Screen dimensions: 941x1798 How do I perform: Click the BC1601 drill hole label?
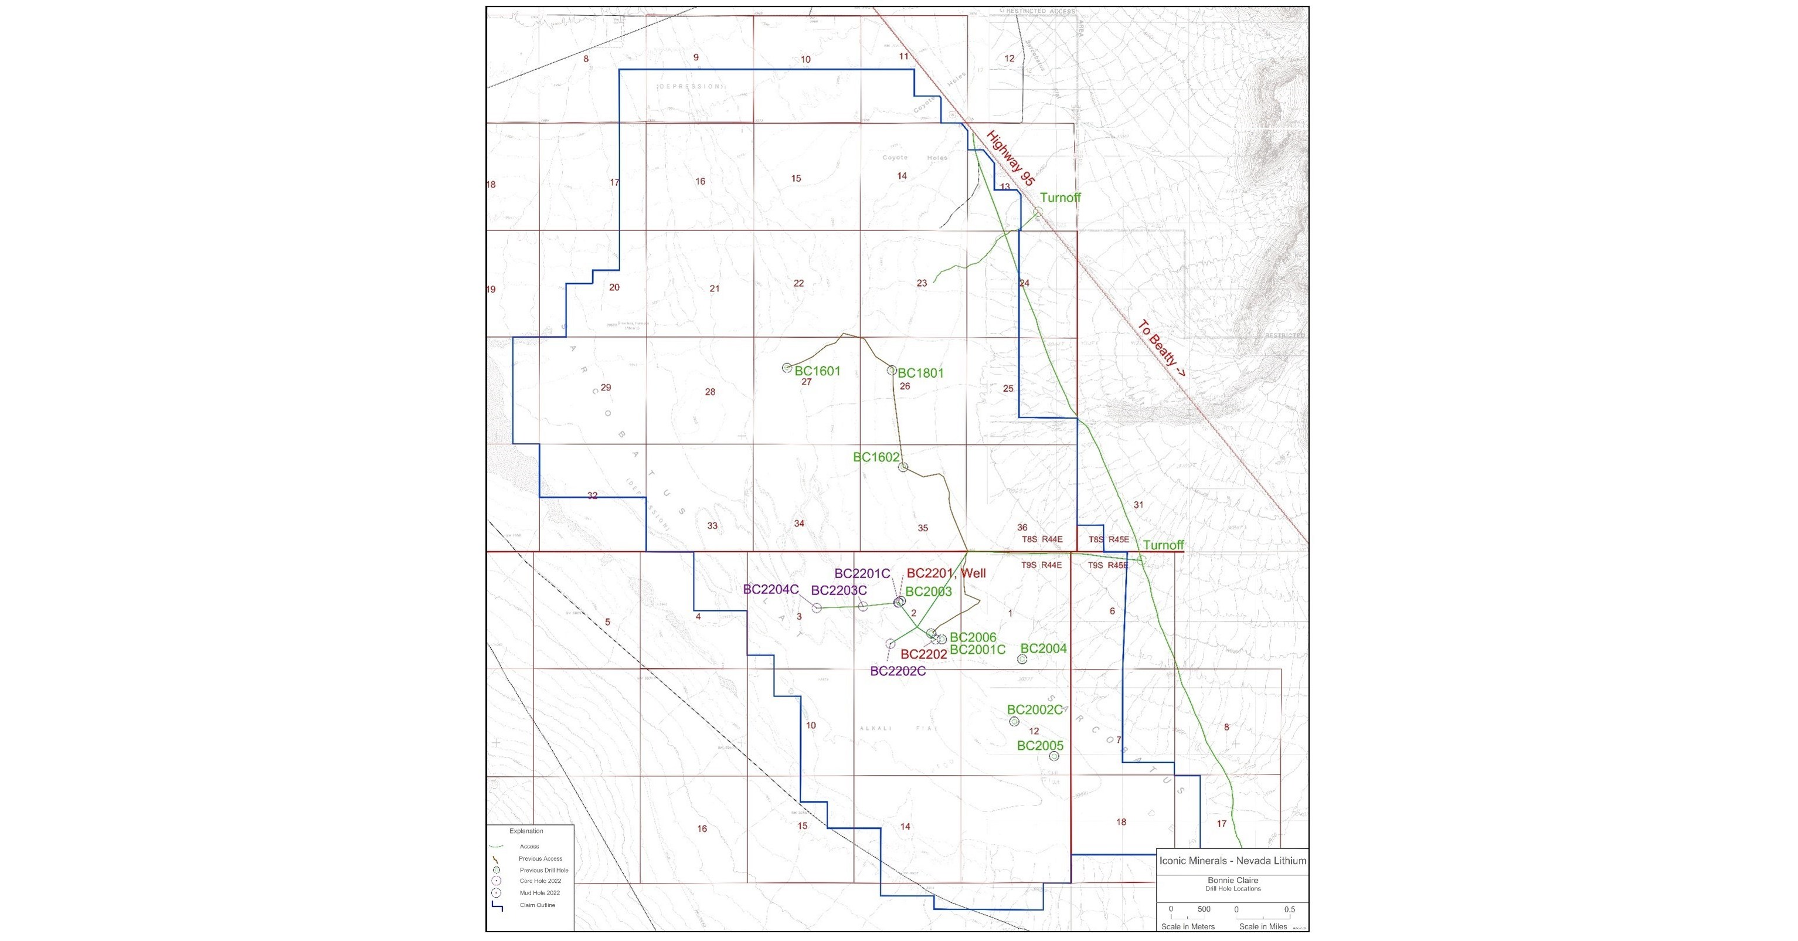point(817,371)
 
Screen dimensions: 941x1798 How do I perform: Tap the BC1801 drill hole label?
point(920,373)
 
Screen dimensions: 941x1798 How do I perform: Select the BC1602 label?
point(876,457)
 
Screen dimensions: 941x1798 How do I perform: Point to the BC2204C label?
point(770,589)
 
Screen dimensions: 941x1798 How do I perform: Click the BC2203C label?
point(839,590)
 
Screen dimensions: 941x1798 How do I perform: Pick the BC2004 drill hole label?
point(1044,648)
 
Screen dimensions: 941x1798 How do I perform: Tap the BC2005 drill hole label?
point(1040,746)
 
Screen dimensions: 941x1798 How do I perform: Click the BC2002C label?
point(1034,710)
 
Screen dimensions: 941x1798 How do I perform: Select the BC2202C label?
point(898,671)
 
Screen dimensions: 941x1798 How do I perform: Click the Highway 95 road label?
point(1010,158)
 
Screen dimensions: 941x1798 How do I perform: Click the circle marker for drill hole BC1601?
point(787,367)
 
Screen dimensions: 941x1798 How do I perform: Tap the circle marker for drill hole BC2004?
point(1022,659)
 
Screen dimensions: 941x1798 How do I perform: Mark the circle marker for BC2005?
point(1054,756)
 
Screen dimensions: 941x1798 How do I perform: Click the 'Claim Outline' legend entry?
point(537,905)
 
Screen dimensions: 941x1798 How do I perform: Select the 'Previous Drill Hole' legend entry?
point(543,871)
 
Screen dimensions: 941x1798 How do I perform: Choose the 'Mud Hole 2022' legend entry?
point(539,893)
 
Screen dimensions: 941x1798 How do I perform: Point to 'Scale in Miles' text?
point(1263,926)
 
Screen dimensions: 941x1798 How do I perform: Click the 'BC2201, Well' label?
point(946,573)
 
